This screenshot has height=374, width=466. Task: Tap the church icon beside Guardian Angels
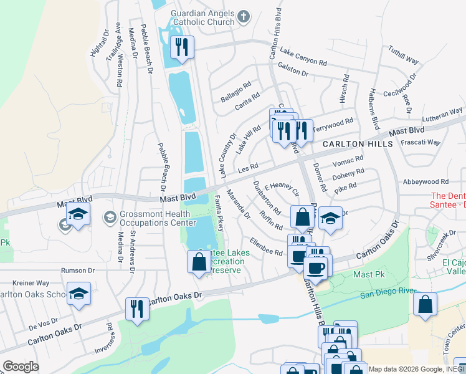pos(244,16)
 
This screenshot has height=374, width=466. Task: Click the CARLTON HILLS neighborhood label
pos(357,144)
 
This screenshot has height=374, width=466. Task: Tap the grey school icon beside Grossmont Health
pos(110,217)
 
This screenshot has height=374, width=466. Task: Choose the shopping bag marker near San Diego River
pos(425,305)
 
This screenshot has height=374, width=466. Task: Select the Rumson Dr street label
pos(77,271)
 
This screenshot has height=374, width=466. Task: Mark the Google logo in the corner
pos(21,367)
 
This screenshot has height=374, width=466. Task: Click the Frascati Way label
pos(422,142)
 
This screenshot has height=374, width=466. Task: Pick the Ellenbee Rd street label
pos(266,247)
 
